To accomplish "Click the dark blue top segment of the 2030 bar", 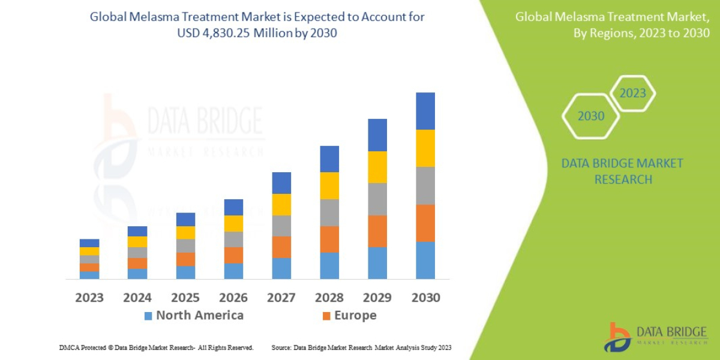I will tap(425, 111).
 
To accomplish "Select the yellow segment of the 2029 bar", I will tap(377, 167).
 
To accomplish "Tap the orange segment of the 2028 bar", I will tap(329, 239).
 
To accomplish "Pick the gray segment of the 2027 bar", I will tap(281, 226).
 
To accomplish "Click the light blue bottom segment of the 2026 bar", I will tap(233, 271).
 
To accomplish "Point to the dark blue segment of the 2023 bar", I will tap(89, 243).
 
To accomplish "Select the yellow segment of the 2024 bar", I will tap(137, 242).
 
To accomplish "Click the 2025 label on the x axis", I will tap(185, 298).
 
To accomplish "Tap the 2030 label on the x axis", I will tap(425, 298).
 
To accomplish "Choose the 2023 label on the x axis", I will tap(89, 298).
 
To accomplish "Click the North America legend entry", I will tap(194, 316).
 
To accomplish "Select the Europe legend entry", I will tap(349, 316).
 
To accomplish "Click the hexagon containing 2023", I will tap(632, 93).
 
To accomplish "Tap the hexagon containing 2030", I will tap(591, 116).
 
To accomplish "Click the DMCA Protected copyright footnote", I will tap(156, 347).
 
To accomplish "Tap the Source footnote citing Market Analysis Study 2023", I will tap(361, 347).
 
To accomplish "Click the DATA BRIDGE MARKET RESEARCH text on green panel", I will tap(622, 171).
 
